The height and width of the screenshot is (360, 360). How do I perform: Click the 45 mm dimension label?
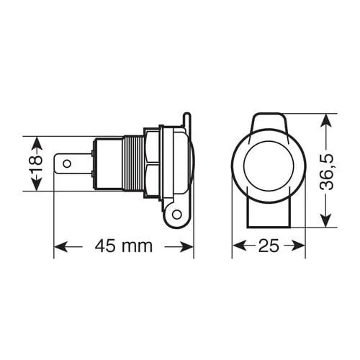[x=124, y=246]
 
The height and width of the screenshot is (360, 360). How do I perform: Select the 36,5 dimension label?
[x=327, y=172]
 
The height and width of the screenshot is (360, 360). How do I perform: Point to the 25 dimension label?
[x=269, y=246]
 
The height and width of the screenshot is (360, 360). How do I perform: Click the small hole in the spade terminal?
[x=67, y=164]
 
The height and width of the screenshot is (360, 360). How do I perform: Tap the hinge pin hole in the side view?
[x=177, y=214]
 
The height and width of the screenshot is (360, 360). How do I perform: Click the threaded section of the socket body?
[x=134, y=163]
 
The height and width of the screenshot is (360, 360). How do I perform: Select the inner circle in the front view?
[x=269, y=166]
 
